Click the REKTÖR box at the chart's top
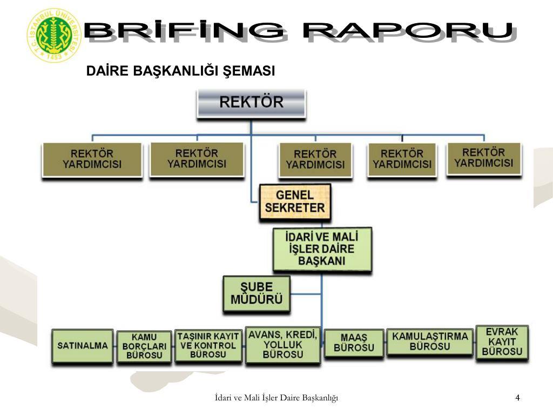point(251,103)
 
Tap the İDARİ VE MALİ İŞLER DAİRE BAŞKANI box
point(321,249)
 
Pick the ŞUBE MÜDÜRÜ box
point(257,293)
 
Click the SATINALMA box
point(83,345)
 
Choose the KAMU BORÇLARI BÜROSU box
point(144,346)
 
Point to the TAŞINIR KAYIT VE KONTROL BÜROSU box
point(208,345)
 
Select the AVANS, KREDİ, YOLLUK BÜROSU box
point(282,344)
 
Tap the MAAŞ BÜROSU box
point(354,343)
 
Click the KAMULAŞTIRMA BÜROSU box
point(430,341)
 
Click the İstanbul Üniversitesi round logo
point(53,35)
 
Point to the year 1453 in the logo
point(53,56)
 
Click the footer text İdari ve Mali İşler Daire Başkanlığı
point(276,398)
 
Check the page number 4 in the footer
point(517,398)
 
